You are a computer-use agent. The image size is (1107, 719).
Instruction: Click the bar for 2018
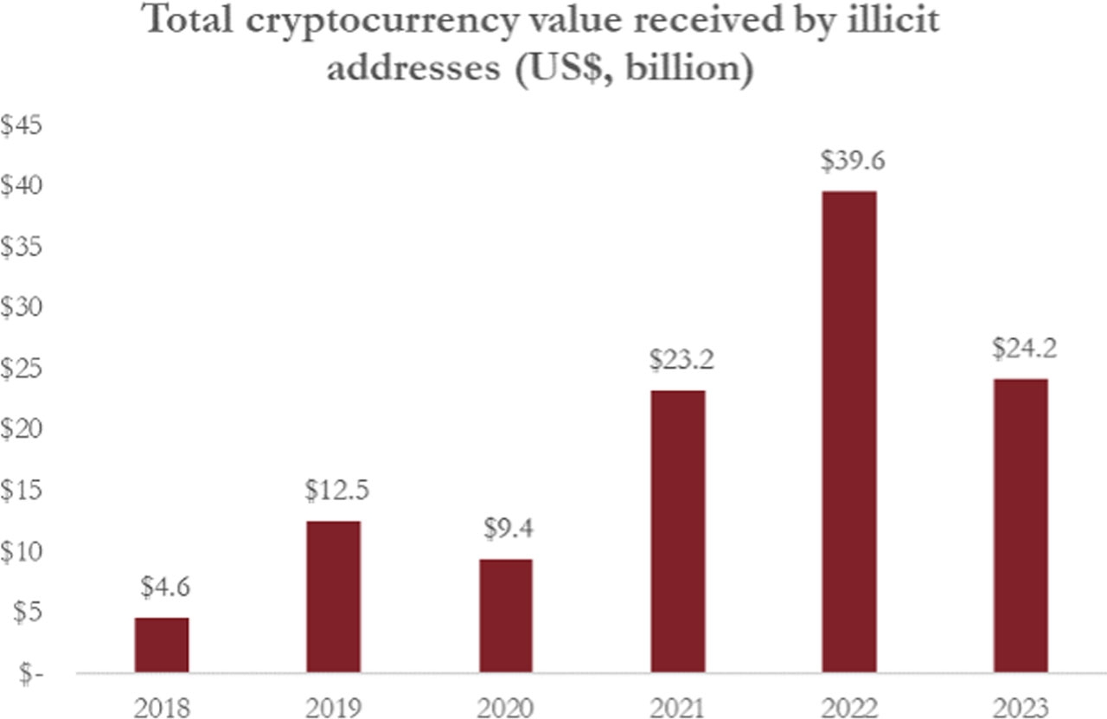[x=162, y=645]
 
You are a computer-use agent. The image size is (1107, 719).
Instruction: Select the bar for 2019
[x=334, y=596]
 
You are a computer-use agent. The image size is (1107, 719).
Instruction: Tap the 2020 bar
[x=506, y=615]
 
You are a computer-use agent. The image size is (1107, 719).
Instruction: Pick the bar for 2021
[x=678, y=531]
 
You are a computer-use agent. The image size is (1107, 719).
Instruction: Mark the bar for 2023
[x=1021, y=525]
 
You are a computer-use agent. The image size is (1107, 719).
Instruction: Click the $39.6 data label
[x=850, y=162]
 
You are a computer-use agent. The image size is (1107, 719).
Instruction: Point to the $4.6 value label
[x=164, y=588]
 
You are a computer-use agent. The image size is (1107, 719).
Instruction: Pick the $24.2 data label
[x=1024, y=349]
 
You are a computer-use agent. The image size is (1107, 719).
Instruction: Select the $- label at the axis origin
[x=19, y=673]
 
